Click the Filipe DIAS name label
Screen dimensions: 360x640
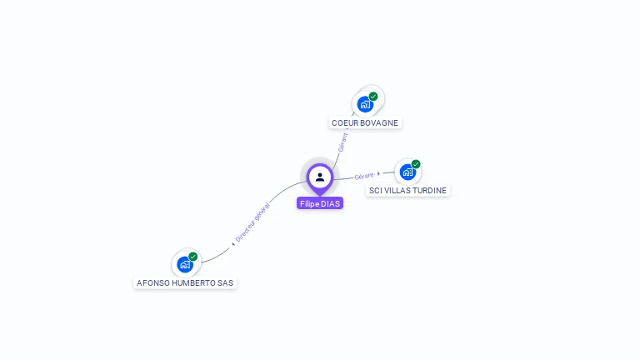[320, 203]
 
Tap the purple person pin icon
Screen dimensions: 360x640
[320, 177]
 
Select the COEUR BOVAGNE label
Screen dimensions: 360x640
[365, 122]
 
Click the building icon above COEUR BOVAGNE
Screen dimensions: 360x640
[364, 104]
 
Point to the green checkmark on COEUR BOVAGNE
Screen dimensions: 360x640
[373, 97]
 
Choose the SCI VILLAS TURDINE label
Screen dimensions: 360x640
[408, 190]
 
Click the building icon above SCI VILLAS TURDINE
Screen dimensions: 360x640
[407, 172]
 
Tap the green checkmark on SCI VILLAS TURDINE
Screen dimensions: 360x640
[416, 164]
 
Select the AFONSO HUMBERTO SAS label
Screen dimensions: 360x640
[185, 282]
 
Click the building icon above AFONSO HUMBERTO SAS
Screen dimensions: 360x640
[184, 264]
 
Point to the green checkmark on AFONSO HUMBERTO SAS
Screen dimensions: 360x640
[193, 257]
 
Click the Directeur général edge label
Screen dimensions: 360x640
[252, 222]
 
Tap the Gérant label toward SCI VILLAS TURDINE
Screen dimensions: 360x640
[363, 176]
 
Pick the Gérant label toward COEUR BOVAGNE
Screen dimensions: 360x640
[342, 142]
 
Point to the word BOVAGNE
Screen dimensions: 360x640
[379, 122]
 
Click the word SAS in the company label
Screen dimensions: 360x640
[225, 282]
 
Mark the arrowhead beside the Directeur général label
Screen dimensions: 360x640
[233, 243]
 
